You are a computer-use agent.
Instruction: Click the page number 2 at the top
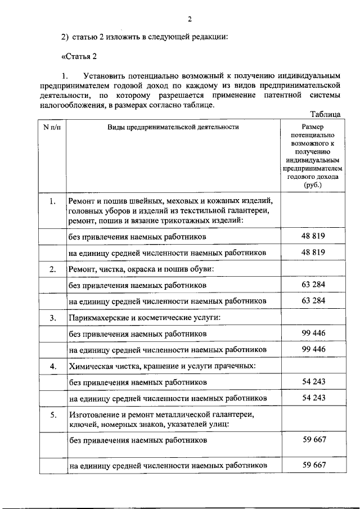[190, 19]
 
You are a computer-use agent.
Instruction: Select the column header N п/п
[52, 127]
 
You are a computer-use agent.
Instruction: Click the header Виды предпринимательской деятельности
[173, 127]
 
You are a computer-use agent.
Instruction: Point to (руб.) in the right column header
[313, 184]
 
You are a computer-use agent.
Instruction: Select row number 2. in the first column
[52, 269]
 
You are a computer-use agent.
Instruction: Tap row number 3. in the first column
[52, 318]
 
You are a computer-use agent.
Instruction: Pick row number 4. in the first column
[52, 367]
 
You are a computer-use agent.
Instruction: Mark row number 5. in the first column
[52, 415]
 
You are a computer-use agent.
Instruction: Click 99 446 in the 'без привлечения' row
[313, 334]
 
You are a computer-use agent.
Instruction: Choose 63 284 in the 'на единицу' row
[313, 300]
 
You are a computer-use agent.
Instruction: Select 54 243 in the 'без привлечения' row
[313, 382]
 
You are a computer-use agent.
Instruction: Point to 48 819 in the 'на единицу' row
[313, 252]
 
